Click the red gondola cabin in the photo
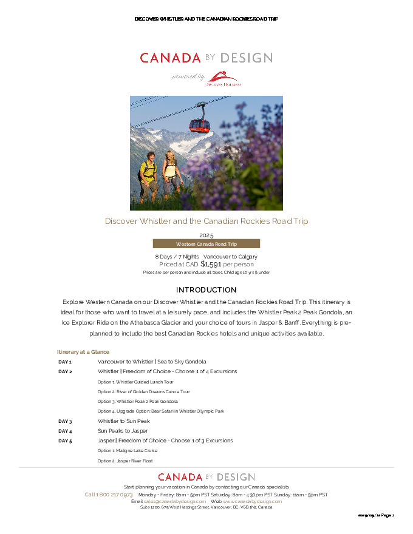coord(199,124)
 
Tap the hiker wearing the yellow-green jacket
coord(148,172)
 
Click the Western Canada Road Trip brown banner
coord(206,244)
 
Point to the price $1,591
coord(211,264)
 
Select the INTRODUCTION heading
coord(206,290)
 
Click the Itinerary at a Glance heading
coord(83,352)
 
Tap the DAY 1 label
coord(65,362)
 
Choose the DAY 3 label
coord(65,421)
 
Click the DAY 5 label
coord(65,441)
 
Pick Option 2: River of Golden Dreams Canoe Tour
coord(143,392)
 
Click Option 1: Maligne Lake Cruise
coord(128,451)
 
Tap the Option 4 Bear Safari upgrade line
coord(160,411)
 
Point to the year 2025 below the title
coord(206,235)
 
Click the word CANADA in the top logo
coord(170,58)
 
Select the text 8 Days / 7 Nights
coord(177,257)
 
